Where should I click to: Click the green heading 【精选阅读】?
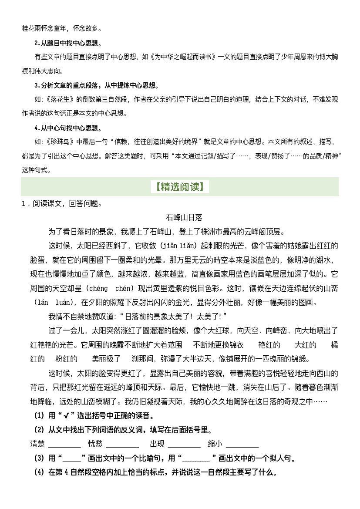point(180,187)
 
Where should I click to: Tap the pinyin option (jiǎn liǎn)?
point(179,246)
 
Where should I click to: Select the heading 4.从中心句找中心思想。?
point(68,128)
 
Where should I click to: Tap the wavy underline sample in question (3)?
point(197,459)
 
